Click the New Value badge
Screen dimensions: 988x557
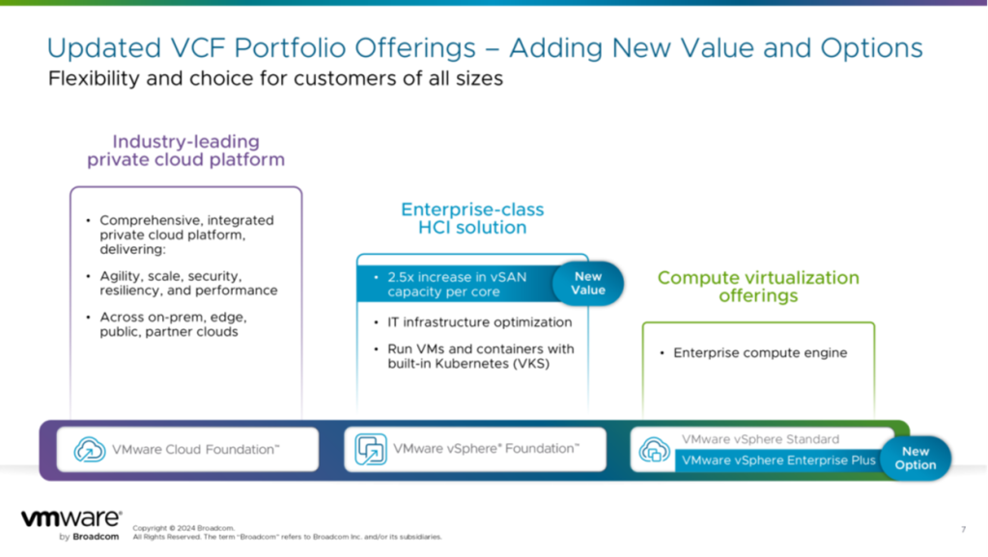(588, 284)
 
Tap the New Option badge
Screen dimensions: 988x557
(915, 459)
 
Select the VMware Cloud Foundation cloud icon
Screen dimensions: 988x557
(89, 449)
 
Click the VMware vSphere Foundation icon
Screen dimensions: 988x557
(371, 449)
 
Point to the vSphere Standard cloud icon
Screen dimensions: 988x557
(654, 450)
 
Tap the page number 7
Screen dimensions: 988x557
(963, 529)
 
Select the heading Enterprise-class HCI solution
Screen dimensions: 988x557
(472, 218)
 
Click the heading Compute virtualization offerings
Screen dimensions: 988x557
(758, 287)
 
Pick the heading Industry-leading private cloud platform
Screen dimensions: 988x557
(185, 150)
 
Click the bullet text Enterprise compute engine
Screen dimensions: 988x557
(760, 353)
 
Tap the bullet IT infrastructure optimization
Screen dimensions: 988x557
(479, 322)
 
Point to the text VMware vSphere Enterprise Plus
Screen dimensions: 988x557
(778, 460)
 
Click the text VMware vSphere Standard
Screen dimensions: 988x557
(760, 439)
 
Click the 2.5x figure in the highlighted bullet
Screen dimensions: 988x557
(401, 277)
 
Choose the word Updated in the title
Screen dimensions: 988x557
(104, 48)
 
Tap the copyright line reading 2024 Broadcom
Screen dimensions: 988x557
(183, 528)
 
